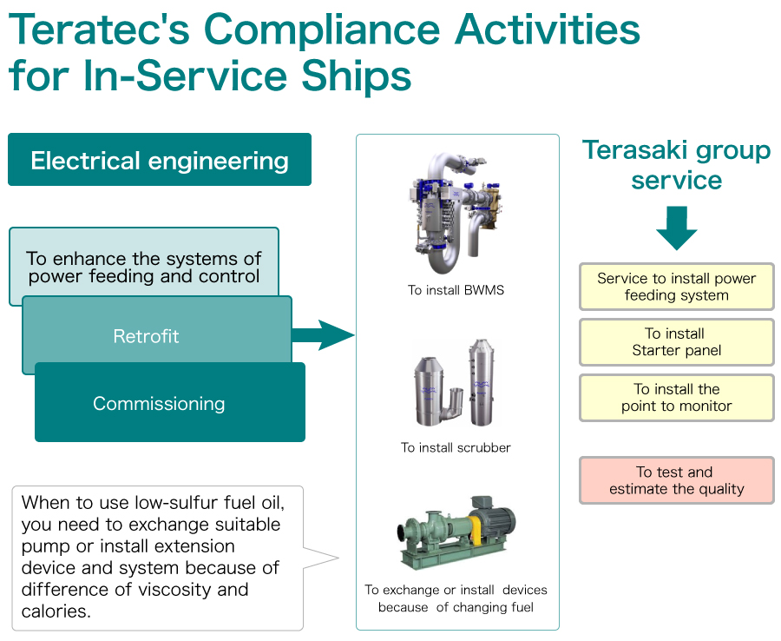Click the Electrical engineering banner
tap(160, 160)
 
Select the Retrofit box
tap(157, 330)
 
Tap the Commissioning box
tap(170, 402)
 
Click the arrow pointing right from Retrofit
tap(323, 335)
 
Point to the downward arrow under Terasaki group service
tap(676, 228)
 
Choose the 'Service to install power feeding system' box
tap(676, 287)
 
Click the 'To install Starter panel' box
tap(676, 342)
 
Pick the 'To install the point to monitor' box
tap(676, 398)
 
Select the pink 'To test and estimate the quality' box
tap(676, 480)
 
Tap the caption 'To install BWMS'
tap(456, 290)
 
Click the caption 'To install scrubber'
tap(456, 447)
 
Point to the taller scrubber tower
tap(481, 382)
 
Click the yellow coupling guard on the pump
tap(476, 529)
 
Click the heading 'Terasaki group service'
tap(676, 164)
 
